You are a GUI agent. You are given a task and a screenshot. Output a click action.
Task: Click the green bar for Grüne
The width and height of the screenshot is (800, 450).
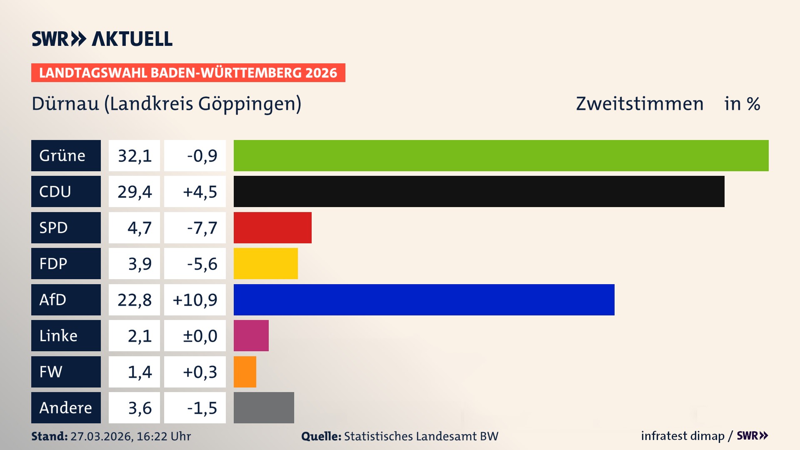coord(501,155)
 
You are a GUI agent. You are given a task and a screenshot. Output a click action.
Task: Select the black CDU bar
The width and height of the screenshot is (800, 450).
coord(479,192)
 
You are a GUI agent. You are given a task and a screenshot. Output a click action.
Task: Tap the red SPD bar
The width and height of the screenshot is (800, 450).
coord(272,227)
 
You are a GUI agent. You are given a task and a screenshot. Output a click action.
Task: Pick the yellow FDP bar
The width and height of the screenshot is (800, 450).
coord(265,264)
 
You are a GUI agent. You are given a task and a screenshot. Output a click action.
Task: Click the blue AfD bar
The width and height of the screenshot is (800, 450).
coord(424,300)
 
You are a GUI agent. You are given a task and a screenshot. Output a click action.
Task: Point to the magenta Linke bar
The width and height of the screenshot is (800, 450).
coord(251,336)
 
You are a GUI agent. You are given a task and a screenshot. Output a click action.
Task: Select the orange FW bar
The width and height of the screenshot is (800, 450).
coord(245,372)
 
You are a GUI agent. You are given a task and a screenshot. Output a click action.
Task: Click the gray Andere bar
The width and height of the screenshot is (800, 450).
coord(264,407)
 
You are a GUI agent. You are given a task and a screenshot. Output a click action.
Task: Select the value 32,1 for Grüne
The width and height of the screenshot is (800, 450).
coord(134,155)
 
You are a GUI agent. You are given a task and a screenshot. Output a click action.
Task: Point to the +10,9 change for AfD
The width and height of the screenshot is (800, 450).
coord(195,300)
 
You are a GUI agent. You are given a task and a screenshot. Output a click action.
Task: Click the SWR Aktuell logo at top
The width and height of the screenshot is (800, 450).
coord(102,39)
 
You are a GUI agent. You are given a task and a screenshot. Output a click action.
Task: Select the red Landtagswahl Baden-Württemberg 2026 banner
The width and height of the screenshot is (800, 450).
coord(188,73)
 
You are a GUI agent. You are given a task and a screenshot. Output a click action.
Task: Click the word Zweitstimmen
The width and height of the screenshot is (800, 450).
coord(640,104)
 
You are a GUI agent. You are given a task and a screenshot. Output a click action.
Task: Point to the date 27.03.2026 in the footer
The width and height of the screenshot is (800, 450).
coord(101,436)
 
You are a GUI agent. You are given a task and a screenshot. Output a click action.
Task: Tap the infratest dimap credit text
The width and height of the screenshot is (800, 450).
coord(682,436)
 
